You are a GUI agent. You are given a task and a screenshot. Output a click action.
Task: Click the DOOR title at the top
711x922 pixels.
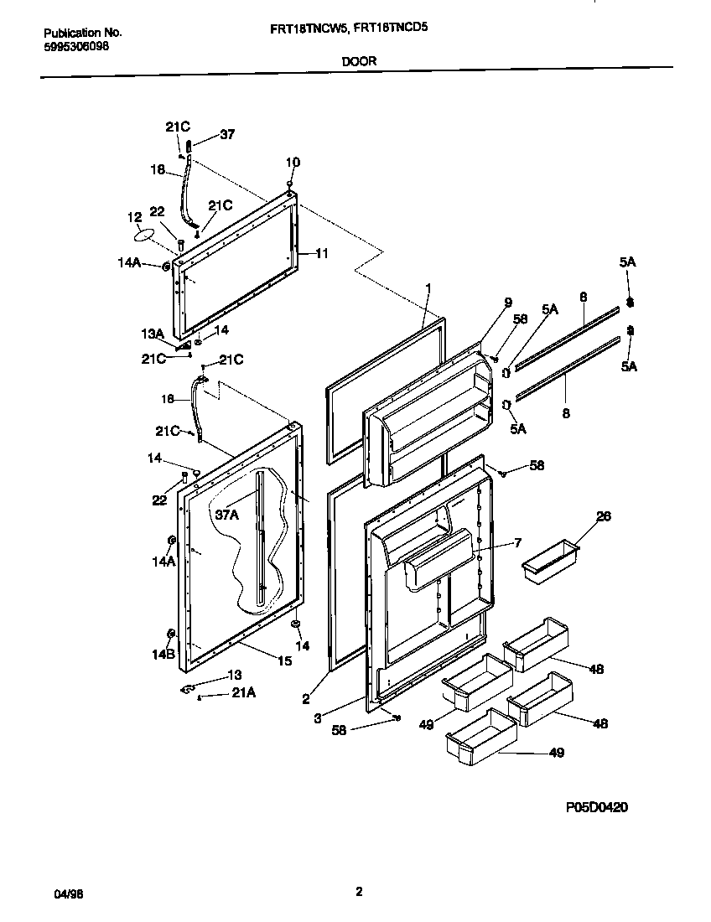tap(358, 60)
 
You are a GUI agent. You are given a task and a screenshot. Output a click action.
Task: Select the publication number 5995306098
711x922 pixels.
tap(75, 46)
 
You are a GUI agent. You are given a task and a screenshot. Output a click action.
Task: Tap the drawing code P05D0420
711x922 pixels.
tap(596, 807)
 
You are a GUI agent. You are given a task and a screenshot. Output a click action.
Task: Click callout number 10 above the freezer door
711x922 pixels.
tap(293, 162)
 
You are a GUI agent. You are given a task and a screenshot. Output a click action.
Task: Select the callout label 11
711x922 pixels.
tap(323, 252)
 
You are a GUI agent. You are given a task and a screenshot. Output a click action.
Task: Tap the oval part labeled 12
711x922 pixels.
tap(145, 236)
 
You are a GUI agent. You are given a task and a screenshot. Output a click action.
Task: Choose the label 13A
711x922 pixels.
tap(153, 333)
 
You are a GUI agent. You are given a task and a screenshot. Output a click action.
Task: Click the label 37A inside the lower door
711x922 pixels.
tap(227, 515)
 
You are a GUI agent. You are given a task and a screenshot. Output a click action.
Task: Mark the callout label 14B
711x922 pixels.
tap(164, 655)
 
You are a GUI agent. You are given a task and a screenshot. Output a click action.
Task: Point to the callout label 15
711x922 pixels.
tap(284, 661)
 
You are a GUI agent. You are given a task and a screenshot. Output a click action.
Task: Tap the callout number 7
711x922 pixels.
tap(517, 542)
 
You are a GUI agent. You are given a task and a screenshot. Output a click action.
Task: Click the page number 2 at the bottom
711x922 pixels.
tap(358, 892)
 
